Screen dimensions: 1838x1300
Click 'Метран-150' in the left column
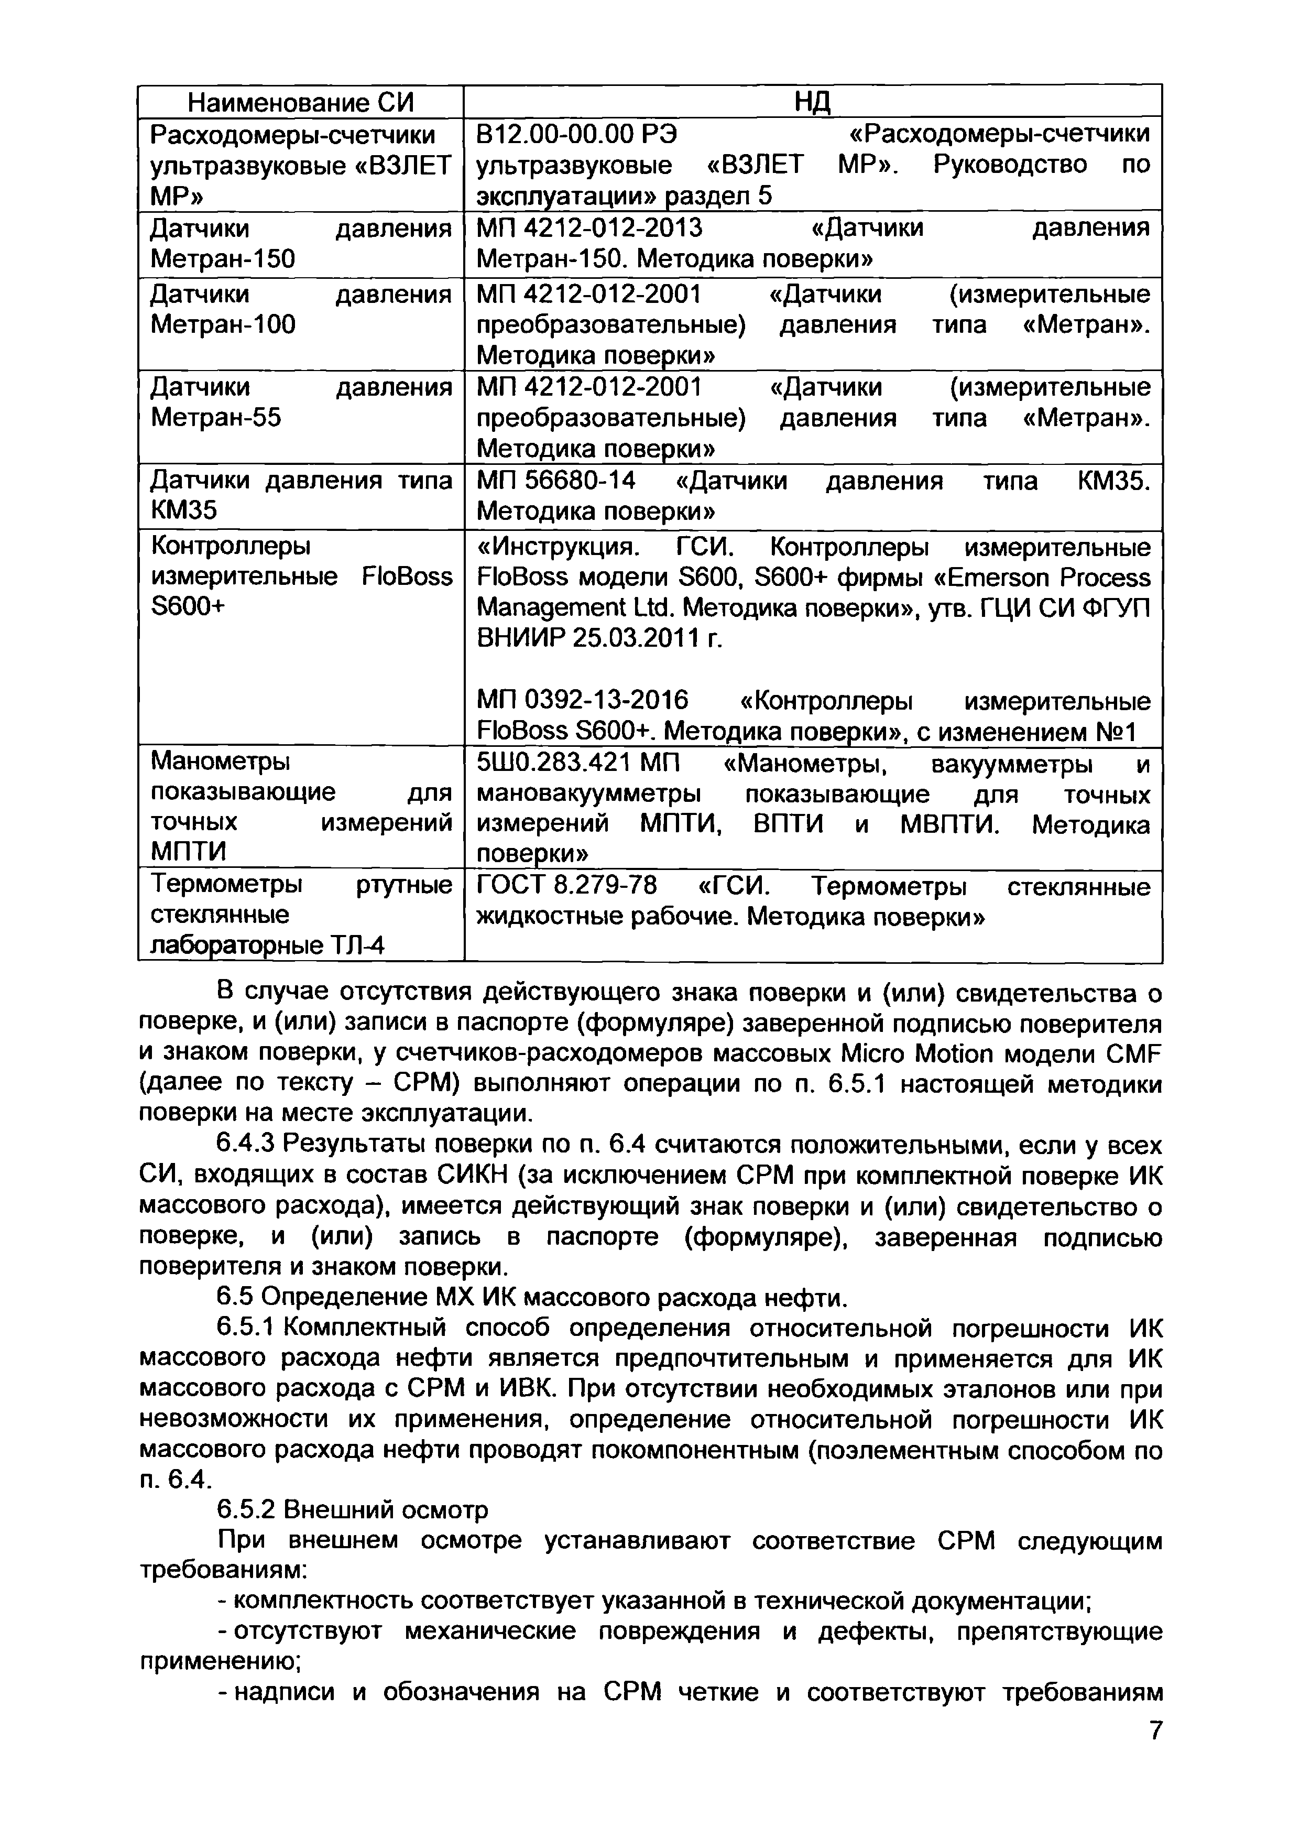(x=223, y=258)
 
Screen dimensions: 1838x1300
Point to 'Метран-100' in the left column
(x=223, y=324)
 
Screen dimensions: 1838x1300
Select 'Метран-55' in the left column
(x=215, y=417)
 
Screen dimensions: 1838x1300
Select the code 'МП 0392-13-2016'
(x=582, y=701)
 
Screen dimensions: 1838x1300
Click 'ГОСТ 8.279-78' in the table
(x=566, y=886)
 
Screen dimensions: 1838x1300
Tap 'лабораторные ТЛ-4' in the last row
(x=267, y=946)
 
